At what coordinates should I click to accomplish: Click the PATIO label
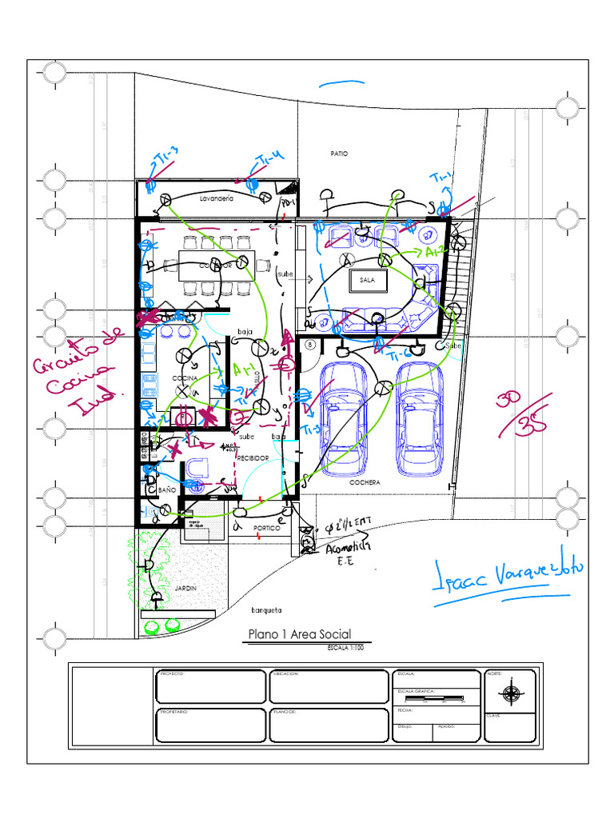point(340,153)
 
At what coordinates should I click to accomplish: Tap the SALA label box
point(368,281)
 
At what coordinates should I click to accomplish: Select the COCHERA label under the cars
point(364,483)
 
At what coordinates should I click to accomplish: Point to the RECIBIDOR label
point(252,458)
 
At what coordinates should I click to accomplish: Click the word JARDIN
point(185,588)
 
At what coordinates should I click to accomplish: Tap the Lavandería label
point(216,198)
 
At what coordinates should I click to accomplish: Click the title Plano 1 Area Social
point(299,634)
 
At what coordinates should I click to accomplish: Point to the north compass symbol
point(512,693)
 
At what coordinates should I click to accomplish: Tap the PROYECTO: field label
point(172,674)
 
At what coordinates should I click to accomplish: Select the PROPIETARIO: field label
point(175,711)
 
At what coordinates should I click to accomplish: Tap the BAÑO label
point(166,489)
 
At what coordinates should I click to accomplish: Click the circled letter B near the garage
point(311,345)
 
